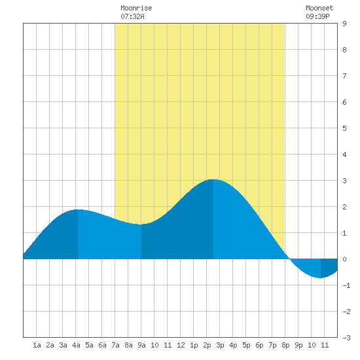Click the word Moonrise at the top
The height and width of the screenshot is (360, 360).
[x=136, y=8]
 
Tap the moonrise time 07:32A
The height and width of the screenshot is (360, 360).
[x=132, y=16]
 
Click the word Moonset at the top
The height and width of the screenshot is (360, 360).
[x=319, y=8]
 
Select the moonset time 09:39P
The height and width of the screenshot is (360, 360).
[x=317, y=16]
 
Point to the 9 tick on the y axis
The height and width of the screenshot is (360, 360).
[x=344, y=24]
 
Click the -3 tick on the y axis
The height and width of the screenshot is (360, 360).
[x=346, y=338]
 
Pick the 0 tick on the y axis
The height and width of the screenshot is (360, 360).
[x=344, y=259]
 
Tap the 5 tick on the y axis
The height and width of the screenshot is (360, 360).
[x=344, y=128]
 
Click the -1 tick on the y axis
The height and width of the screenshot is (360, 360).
[x=346, y=285]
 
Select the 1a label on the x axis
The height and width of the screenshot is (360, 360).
[x=37, y=345]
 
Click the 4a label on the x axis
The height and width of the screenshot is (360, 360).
[x=76, y=345]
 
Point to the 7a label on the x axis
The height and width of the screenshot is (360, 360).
[x=115, y=345]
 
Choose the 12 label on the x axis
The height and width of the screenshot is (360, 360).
[x=181, y=345]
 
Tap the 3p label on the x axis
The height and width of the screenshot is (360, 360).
[x=220, y=345]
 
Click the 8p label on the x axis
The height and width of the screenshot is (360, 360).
[x=285, y=345]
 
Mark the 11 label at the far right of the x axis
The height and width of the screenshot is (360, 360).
[x=325, y=345]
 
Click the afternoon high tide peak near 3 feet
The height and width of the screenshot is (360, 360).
[x=213, y=179]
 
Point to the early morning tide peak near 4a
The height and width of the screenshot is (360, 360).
[x=78, y=209]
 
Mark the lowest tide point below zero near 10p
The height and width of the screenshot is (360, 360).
[x=321, y=278]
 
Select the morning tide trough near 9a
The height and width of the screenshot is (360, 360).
[x=141, y=225]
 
